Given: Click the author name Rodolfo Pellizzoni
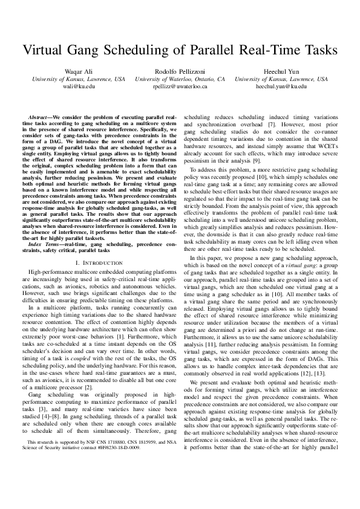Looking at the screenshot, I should click(180, 71).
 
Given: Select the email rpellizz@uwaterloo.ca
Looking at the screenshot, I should click(180, 86).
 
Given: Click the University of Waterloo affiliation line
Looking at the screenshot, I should click(180, 79).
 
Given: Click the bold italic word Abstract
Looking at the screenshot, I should click(40, 115).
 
